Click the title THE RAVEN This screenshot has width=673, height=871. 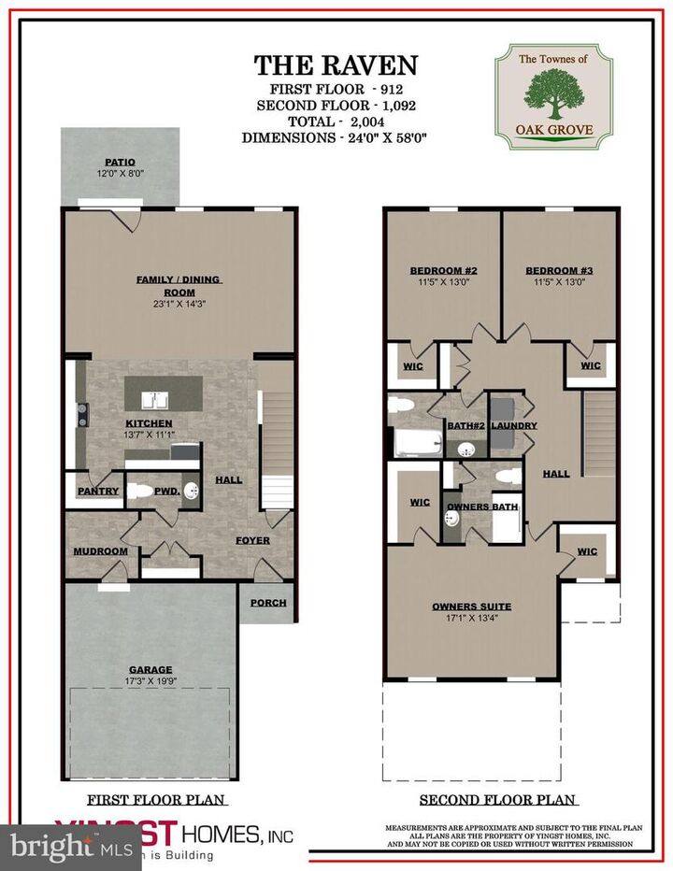(x=336, y=64)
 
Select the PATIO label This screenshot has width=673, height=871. (x=119, y=162)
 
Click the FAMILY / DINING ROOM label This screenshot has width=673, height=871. (x=179, y=285)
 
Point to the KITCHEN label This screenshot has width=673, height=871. (x=150, y=423)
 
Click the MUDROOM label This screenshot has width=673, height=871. (x=100, y=551)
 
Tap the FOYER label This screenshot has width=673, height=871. (x=252, y=540)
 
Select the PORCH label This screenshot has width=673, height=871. (x=268, y=603)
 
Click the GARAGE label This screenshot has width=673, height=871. (x=150, y=669)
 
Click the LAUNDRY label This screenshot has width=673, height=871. (x=513, y=426)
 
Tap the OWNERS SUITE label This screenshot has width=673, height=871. (x=471, y=607)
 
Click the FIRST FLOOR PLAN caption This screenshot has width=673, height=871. (x=157, y=800)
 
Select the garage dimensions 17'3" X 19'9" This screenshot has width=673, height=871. (x=150, y=681)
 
